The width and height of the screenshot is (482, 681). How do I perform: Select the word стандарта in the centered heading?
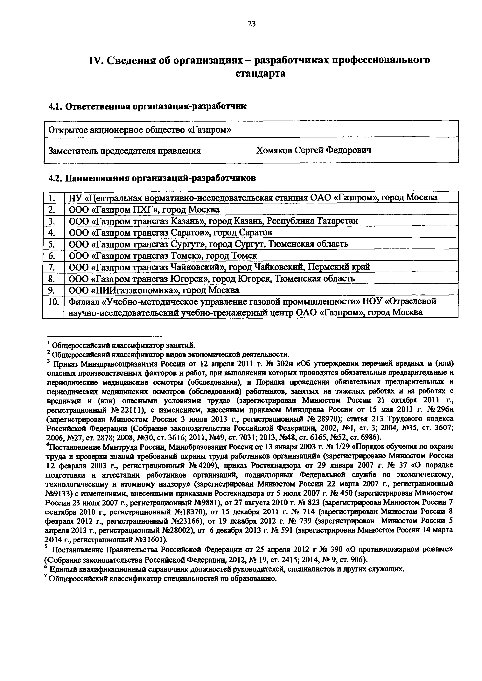pos(261,73)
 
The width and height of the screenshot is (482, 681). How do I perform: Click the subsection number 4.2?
pos(55,178)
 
